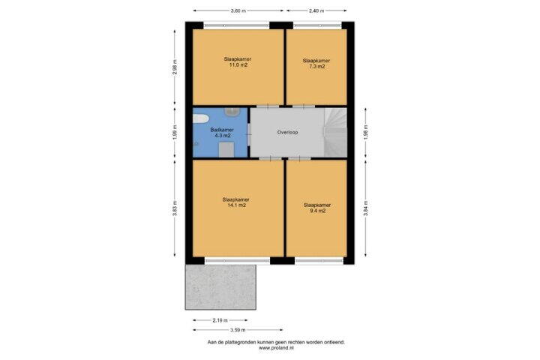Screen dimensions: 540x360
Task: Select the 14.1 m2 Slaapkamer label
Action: click(236, 202)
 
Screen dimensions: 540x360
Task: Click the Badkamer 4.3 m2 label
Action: click(222, 133)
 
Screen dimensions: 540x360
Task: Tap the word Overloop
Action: click(287, 132)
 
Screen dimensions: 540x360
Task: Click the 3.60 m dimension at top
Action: click(238, 10)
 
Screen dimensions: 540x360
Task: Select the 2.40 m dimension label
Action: click(316, 10)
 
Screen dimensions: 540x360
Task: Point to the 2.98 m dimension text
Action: click(175, 67)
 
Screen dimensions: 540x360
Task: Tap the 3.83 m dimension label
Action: click(175, 208)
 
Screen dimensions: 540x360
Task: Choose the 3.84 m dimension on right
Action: click(366, 208)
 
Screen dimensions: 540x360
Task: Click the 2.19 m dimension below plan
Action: click(220, 320)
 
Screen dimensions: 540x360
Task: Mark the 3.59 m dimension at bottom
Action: click(238, 330)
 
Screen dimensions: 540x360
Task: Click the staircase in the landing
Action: click(335, 132)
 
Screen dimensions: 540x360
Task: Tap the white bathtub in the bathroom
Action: click(201, 118)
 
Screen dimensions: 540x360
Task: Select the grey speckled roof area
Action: click(220, 287)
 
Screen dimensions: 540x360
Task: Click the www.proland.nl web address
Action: click(276, 348)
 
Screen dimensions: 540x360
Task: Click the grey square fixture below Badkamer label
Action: click(226, 150)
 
